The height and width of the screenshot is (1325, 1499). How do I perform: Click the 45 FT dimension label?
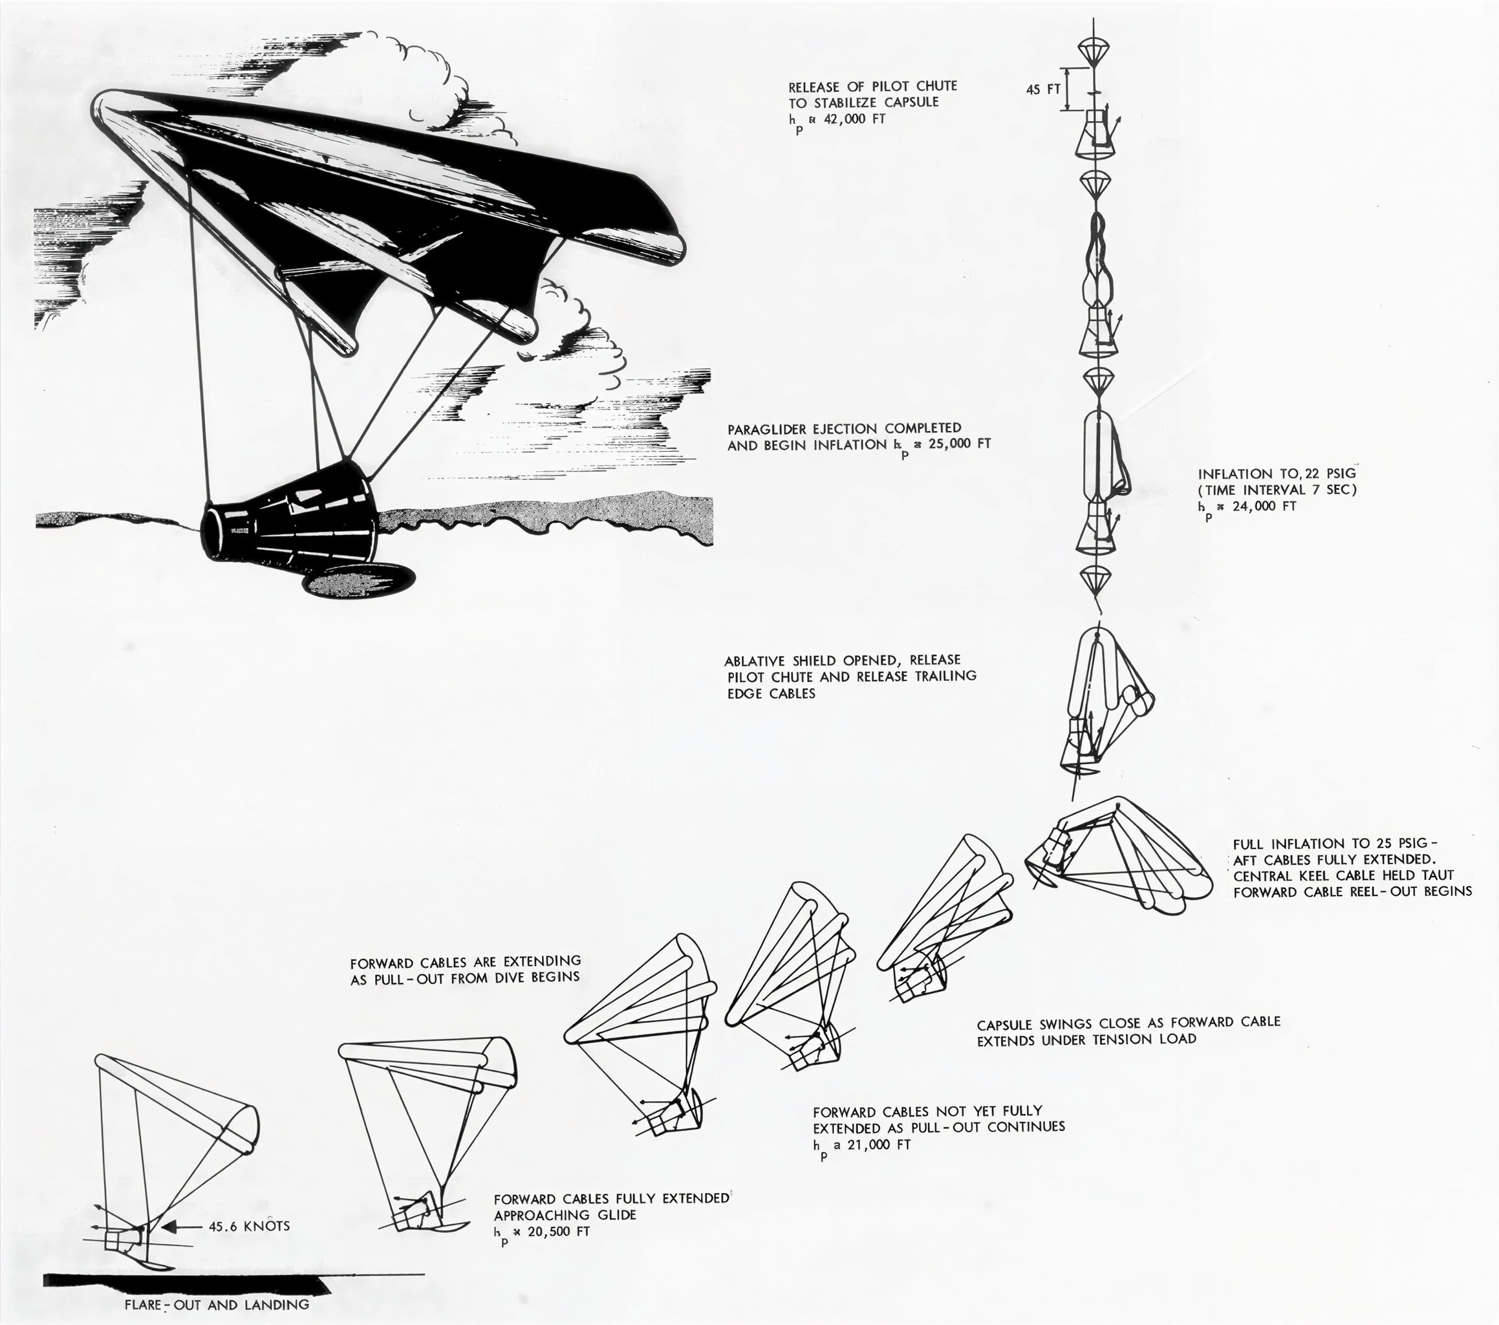(x=1044, y=90)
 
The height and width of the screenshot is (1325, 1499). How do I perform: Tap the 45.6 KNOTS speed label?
(x=250, y=1226)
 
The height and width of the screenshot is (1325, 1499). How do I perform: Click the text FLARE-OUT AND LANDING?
(x=217, y=1304)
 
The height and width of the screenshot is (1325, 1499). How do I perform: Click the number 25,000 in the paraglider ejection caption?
(x=940, y=444)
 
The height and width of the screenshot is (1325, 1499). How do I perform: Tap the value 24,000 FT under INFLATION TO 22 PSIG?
(x=1257, y=505)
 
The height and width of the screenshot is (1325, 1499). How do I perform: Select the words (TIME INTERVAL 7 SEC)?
(x=1277, y=489)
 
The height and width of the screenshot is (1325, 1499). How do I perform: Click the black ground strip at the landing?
(x=184, y=1282)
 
